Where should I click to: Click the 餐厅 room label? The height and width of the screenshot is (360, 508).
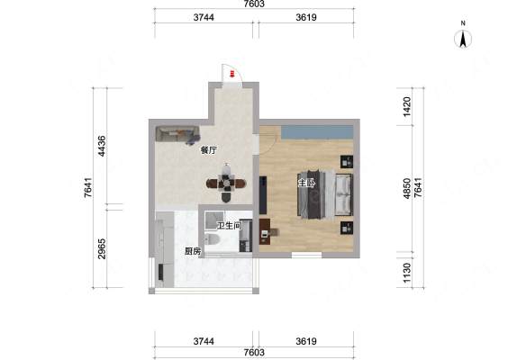point(209,150)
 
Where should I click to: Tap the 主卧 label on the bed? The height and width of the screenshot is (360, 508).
point(306,184)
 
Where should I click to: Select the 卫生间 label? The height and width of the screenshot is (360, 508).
point(230,226)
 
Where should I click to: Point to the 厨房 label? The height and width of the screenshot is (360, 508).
point(193,251)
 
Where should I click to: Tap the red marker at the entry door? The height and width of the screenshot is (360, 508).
point(231,74)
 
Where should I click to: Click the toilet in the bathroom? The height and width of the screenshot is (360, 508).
point(213,239)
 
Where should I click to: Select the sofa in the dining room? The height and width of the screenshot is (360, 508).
point(177,134)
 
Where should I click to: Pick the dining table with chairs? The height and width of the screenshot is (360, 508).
point(226,184)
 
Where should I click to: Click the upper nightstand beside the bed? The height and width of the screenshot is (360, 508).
point(347,161)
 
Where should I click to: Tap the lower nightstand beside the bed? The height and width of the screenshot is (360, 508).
point(347,228)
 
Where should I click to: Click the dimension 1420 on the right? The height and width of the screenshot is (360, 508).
point(406,106)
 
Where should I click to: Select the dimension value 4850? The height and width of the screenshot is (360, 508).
point(406,188)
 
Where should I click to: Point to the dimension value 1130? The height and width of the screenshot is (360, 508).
point(406,273)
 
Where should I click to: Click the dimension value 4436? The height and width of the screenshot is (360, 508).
point(102,146)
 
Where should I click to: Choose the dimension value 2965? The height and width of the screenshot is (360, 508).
point(102,248)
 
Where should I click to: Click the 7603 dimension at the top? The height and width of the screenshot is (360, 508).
point(254,4)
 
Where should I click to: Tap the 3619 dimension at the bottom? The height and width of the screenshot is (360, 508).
point(306,341)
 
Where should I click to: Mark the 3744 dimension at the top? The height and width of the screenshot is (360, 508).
point(204,17)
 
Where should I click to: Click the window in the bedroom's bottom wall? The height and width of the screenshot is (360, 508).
point(306,255)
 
